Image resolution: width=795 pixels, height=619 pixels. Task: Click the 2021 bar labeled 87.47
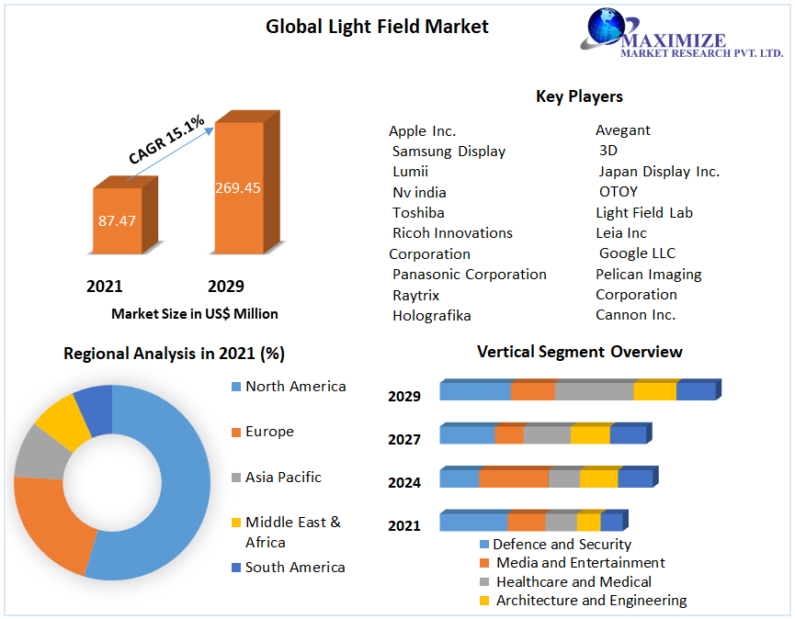click(x=117, y=220)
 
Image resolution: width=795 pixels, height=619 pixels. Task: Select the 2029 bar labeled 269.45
click(x=238, y=187)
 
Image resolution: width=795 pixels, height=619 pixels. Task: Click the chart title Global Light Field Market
click(x=377, y=27)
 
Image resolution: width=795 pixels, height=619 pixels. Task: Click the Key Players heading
click(x=579, y=96)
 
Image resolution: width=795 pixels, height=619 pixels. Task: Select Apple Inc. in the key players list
click(x=422, y=130)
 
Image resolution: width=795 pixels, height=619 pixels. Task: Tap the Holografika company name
click(x=431, y=315)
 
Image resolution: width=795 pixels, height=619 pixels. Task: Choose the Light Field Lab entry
click(x=644, y=212)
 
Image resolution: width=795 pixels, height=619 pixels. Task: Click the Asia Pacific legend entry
click(x=283, y=477)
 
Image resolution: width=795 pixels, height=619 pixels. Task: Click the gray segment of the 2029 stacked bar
click(x=594, y=391)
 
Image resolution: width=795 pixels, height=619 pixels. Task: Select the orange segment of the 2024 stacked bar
click(x=514, y=478)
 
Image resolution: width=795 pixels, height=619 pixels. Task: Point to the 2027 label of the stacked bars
click(x=404, y=439)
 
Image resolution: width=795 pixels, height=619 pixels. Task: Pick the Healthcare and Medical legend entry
click(x=573, y=581)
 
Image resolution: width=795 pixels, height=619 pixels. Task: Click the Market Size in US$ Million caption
click(x=195, y=313)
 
